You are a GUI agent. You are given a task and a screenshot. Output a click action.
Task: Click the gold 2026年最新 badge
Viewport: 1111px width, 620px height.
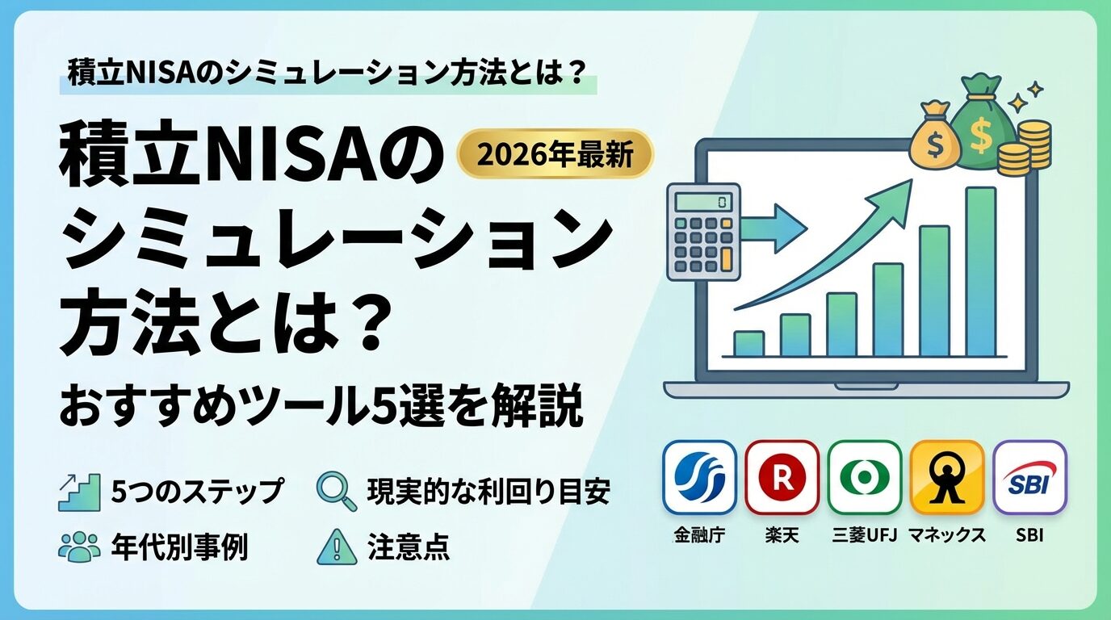(x=555, y=153)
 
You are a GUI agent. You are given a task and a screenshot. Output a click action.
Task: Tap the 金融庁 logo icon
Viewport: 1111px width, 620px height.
(x=699, y=477)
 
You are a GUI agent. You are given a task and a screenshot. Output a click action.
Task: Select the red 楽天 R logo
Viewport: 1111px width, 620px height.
(x=782, y=477)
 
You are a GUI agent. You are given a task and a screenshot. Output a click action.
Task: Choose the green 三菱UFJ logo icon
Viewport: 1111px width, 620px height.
(x=865, y=477)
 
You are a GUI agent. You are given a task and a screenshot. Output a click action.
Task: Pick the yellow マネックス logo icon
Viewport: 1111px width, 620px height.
(x=947, y=477)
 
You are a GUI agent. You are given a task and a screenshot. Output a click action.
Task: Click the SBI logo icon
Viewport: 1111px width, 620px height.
(x=1029, y=477)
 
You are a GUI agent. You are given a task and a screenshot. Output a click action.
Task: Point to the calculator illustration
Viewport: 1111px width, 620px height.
(x=703, y=232)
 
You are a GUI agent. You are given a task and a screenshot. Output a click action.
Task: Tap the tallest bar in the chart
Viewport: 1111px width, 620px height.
(x=980, y=272)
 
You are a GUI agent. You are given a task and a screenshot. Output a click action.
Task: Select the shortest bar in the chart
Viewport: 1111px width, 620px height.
(x=748, y=344)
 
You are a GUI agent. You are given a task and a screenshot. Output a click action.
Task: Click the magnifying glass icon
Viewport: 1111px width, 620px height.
(x=337, y=491)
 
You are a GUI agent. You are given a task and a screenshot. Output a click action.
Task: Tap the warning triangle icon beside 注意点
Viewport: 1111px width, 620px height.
(x=337, y=547)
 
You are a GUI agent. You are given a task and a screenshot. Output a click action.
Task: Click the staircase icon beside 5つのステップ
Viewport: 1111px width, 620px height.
(x=79, y=492)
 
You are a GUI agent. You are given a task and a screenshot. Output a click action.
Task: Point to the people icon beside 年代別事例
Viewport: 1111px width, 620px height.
(x=79, y=547)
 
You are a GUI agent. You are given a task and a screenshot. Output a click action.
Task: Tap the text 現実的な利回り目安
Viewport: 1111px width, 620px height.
(x=488, y=492)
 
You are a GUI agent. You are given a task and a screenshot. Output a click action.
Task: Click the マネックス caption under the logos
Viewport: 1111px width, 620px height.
(x=947, y=535)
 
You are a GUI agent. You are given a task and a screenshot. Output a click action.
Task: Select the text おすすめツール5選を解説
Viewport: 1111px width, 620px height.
(x=321, y=408)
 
